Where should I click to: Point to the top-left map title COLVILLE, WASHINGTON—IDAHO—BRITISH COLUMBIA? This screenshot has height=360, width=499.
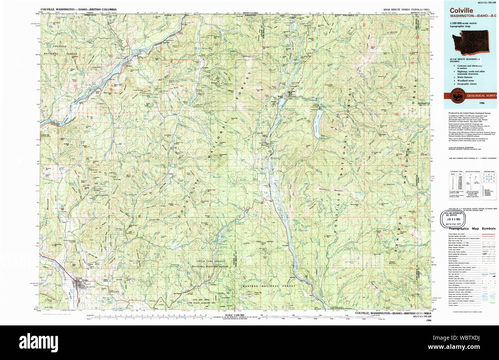pos(79,9)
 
